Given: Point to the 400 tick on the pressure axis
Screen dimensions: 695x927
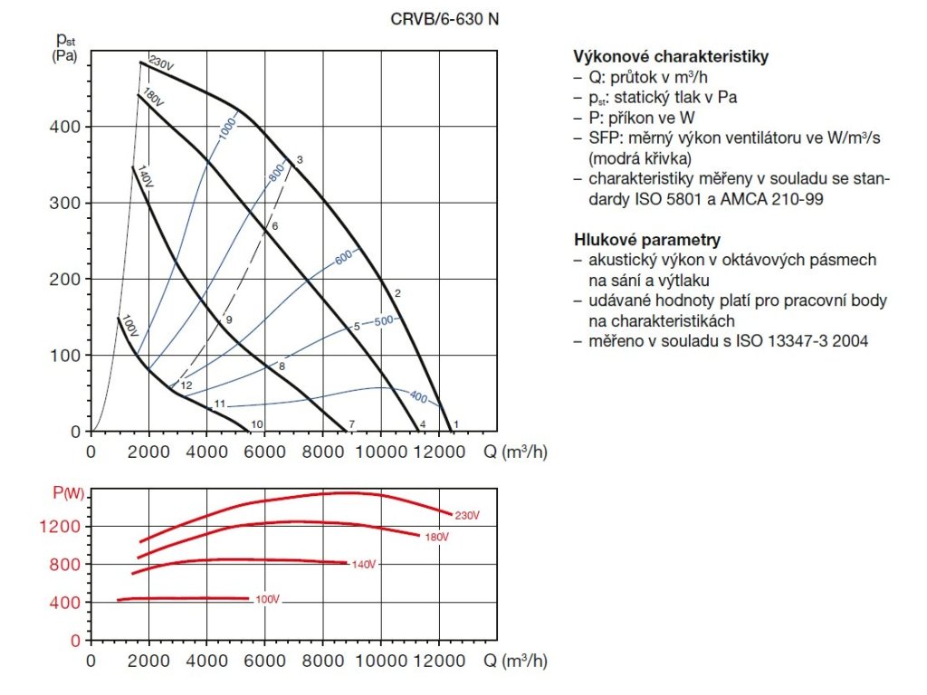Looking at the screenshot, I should (x=67, y=127).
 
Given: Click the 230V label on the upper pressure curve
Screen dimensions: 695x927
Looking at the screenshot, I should (x=160, y=63).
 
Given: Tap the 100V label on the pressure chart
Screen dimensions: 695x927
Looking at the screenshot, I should (x=129, y=326).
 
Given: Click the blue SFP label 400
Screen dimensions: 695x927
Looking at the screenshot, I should (x=417, y=396).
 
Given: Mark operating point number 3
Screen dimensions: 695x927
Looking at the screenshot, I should (x=298, y=160).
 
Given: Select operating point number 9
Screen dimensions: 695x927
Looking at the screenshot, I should (x=229, y=319).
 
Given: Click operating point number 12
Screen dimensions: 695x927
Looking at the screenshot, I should (x=186, y=386).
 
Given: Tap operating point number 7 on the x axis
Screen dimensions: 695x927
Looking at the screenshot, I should (x=350, y=424).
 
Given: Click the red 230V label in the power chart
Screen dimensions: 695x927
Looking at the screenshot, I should (x=466, y=515).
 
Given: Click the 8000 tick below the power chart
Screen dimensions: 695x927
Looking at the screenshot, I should (x=323, y=661).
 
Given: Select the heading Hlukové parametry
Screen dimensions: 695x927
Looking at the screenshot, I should (x=647, y=240).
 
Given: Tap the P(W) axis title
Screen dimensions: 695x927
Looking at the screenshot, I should (x=67, y=492).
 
